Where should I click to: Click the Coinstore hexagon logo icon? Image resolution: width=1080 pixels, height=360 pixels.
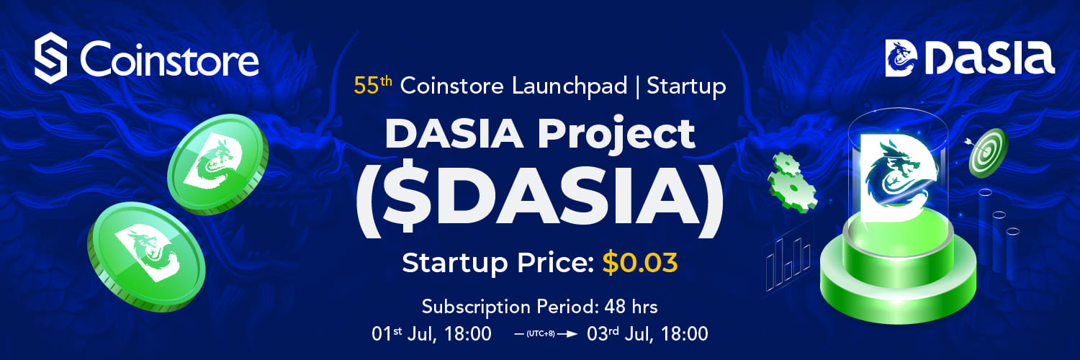pos(50,58)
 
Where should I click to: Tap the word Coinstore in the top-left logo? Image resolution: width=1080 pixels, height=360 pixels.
pos(169,59)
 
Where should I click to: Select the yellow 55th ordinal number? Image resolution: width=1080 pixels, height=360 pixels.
pos(373,85)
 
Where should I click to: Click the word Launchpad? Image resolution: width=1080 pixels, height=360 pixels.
pos(570,86)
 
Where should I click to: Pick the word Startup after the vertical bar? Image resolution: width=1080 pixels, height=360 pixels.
pos(686,86)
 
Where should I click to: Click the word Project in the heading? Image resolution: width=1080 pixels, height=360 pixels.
pos(616,135)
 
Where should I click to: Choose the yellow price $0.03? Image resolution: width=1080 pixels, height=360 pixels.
pos(640,263)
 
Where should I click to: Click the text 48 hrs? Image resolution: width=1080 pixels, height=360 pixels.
pos(631,307)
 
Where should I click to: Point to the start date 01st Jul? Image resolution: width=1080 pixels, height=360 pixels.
pos(403,333)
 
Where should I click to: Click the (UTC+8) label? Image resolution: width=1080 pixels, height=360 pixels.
pos(539,333)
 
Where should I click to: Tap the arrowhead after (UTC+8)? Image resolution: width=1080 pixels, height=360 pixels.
pos(572,333)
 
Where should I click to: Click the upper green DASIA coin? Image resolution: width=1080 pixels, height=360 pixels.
pos(218,164)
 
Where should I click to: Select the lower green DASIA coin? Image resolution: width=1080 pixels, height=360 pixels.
pos(147,256)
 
